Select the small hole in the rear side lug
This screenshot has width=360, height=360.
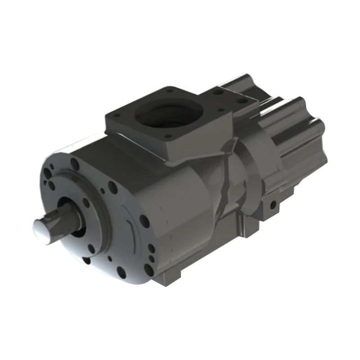tap(273, 206)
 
